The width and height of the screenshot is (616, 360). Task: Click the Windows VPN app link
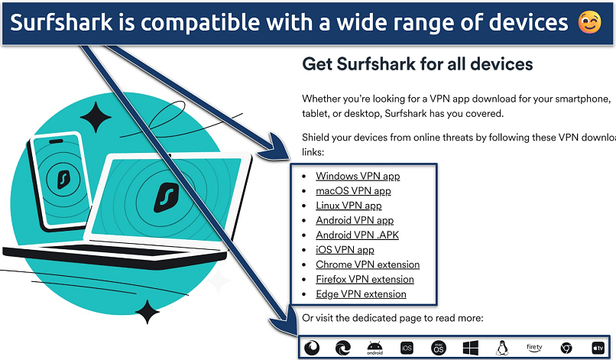(358, 176)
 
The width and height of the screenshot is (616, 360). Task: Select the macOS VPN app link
(354, 191)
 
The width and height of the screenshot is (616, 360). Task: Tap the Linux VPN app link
(349, 206)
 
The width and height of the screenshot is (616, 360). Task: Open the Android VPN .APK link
(358, 235)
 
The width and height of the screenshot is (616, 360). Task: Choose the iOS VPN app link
(345, 250)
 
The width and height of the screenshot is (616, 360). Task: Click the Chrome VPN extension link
(368, 264)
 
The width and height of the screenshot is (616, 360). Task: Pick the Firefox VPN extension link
(365, 280)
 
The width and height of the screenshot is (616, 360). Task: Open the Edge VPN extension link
(361, 294)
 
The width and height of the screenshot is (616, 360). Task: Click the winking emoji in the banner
(590, 22)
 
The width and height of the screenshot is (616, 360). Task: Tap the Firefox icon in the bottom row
(312, 348)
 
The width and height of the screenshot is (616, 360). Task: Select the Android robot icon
(374, 348)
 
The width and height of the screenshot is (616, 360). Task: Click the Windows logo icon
(471, 348)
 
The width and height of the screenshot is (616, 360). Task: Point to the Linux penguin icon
(502, 348)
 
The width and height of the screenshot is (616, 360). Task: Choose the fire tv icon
(534, 348)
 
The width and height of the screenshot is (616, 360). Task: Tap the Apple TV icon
(598, 348)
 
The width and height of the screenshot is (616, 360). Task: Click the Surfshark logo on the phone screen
(63, 179)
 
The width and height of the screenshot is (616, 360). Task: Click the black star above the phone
(96, 117)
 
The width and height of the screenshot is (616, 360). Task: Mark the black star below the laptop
(148, 312)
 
